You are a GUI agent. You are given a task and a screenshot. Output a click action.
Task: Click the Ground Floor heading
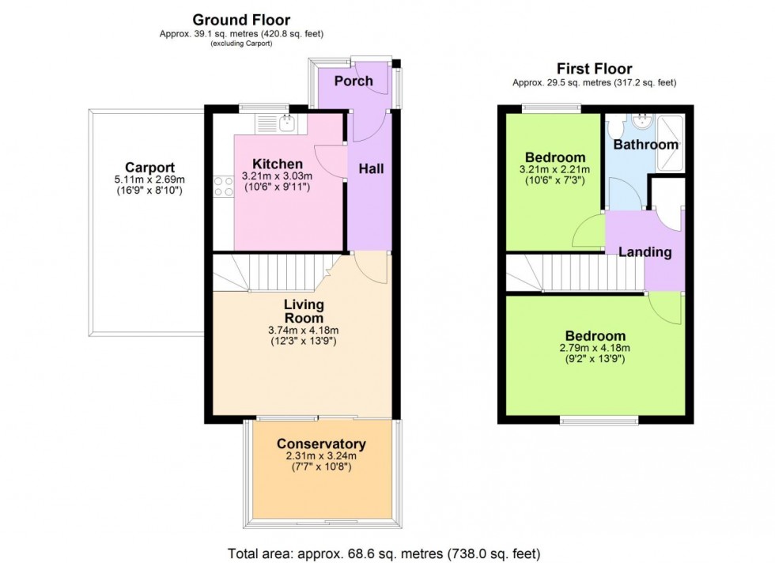point(241,20)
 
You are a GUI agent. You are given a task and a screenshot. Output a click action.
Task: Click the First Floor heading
point(594,69)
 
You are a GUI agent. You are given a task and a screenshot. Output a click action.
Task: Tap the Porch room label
point(353,81)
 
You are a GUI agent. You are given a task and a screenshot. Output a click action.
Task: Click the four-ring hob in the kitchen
point(223,186)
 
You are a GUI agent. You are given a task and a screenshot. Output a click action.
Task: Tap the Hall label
point(371,168)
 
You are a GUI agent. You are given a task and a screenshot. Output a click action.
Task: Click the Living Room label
point(304,311)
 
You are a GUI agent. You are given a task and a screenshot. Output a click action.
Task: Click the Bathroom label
point(645,145)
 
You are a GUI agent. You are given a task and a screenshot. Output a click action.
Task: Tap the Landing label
point(645,252)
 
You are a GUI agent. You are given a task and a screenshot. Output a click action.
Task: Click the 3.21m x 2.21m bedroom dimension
point(553,170)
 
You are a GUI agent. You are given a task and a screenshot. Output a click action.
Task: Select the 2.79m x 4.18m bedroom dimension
point(593,348)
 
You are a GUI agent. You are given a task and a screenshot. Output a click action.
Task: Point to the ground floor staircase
point(277,273)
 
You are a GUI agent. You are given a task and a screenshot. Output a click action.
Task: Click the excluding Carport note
point(241,43)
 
